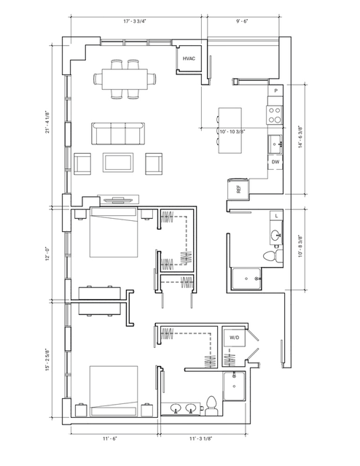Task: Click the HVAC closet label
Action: point(189,58)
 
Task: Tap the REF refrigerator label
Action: point(238,190)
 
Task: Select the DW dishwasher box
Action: point(275,162)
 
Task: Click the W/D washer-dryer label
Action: point(235,338)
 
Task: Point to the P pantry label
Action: point(276,90)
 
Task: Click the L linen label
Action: point(276,216)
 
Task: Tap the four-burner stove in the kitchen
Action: point(275,115)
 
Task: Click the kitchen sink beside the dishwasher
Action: point(275,144)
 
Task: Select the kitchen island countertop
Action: point(230,131)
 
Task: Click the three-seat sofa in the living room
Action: point(118,133)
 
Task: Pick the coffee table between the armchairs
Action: point(118,163)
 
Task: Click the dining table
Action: point(125,79)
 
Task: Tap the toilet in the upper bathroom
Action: point(273,256)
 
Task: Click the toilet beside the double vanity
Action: point(211,405)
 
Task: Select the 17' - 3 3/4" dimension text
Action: point(135,21)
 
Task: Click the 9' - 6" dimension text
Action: point(242,21)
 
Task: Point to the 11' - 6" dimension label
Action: point(110,438)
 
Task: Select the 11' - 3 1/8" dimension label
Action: point(201,438)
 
